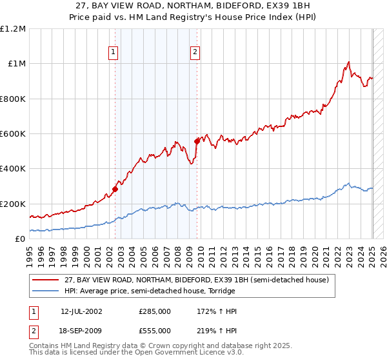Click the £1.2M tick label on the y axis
tap(13, 29)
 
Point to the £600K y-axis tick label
tap(13, 134)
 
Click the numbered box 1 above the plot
tap(114, 53)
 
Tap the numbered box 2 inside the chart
tap(195, 53)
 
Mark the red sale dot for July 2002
tap(115, 189)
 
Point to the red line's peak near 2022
tap(348, 63)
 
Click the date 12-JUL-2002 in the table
tap(81, 311)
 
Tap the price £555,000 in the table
tap(155, 330)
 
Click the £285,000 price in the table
tap(155, 311)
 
